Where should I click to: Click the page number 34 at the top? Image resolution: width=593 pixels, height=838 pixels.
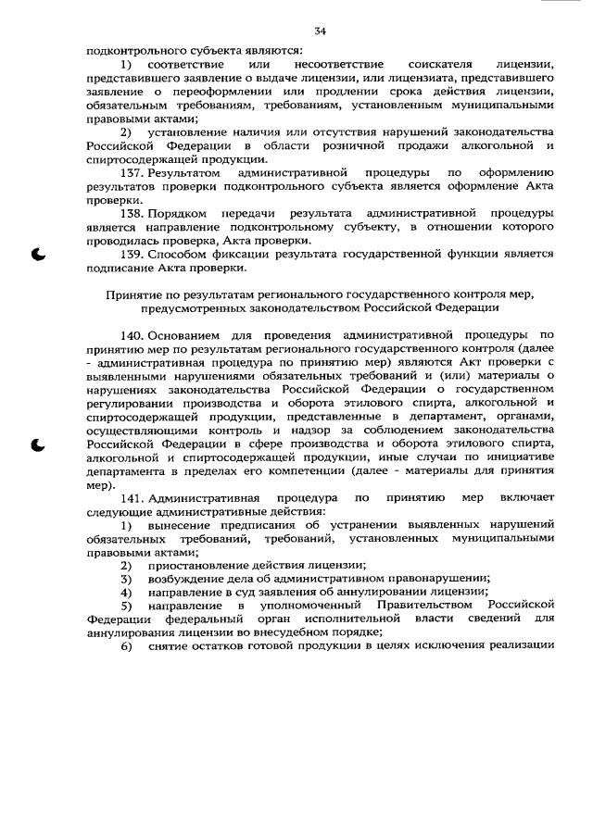321,32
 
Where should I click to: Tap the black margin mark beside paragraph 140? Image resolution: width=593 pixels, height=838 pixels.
40,445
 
